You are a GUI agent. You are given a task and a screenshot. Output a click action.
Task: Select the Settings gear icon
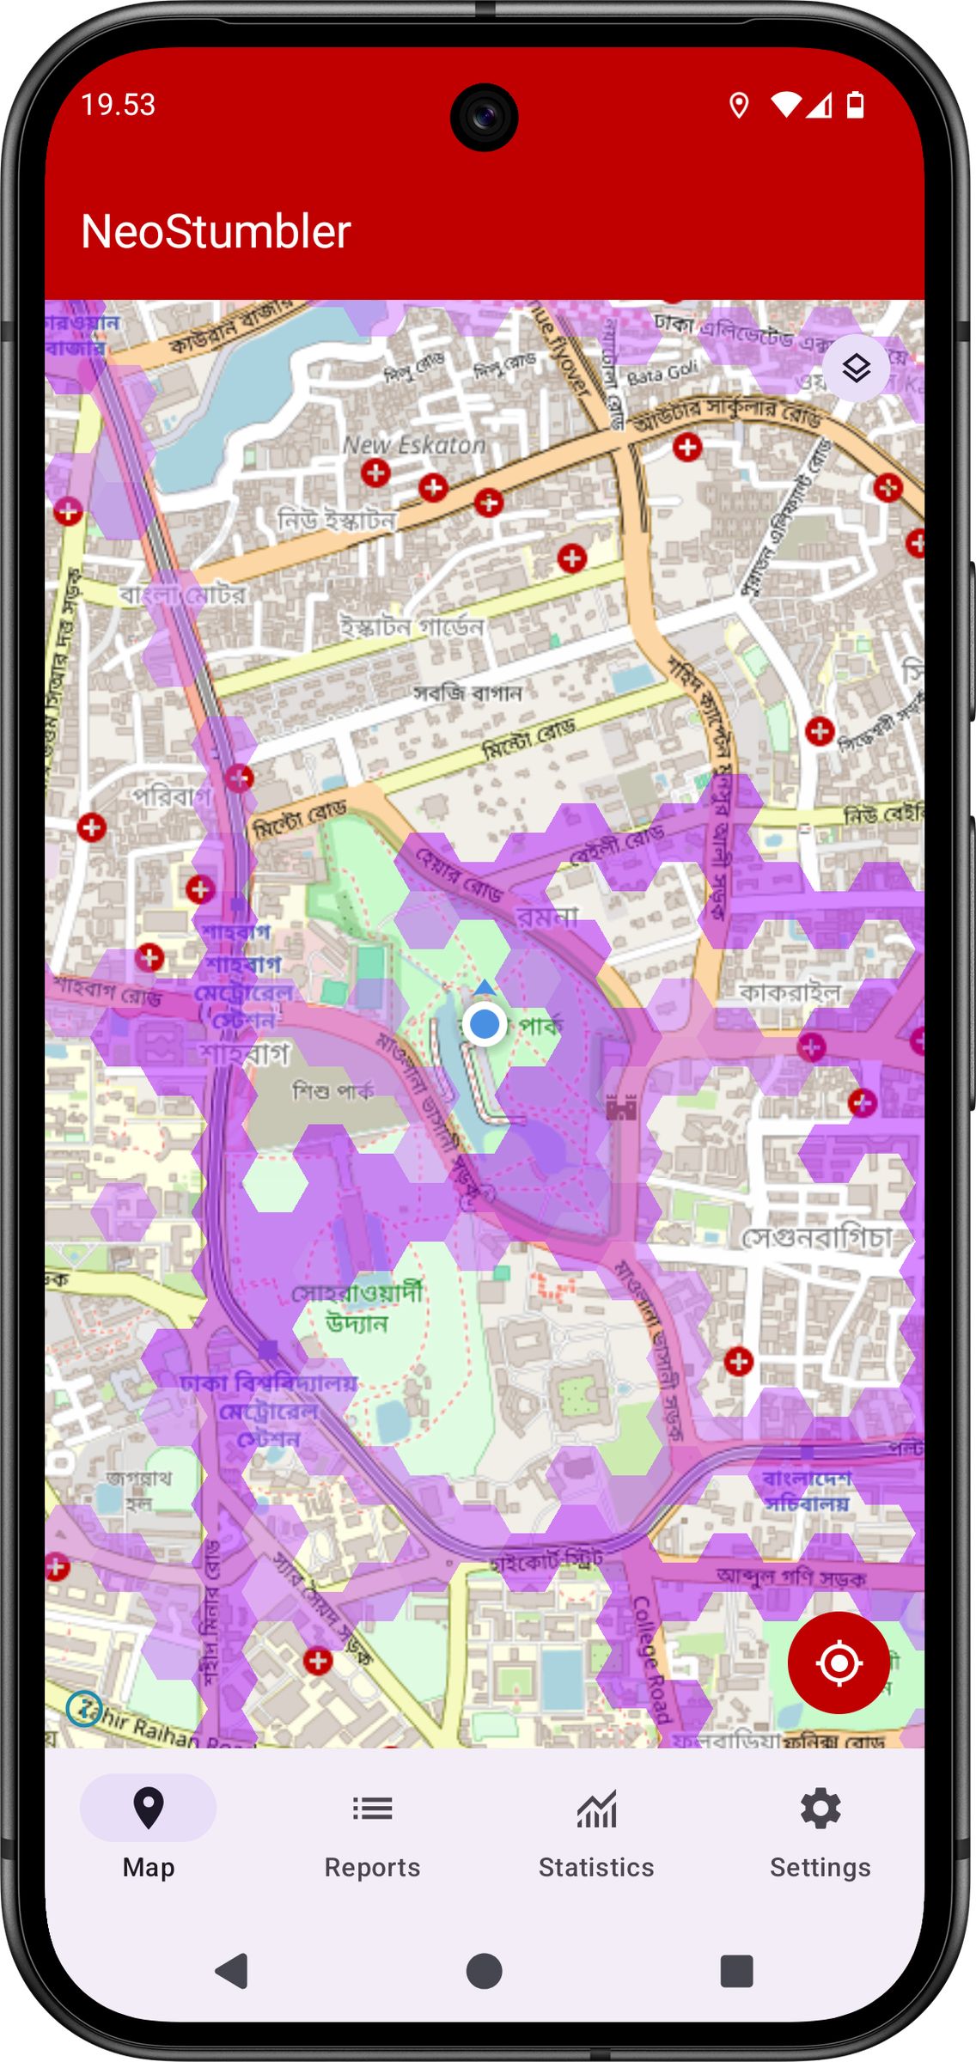pos(820,1809)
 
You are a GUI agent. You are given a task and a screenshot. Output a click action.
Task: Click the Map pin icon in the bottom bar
pos(149,1808)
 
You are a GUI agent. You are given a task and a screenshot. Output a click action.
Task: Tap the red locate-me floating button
pos(839,1662)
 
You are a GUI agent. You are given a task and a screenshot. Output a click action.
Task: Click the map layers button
pos(856,368)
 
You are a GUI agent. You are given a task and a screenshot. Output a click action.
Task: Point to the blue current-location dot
pos(485,1024)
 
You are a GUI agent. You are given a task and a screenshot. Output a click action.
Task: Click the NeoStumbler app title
pos(216,231)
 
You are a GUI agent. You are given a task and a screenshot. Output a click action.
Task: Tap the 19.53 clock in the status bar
pos(118,105)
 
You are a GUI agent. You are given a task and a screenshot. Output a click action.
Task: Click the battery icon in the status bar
pos(855,105)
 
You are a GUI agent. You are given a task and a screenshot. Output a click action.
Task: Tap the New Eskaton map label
pos(414,445)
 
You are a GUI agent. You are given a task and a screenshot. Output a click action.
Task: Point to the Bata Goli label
pos(662,374)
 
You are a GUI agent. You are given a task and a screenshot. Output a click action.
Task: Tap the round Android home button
pos(484,1971)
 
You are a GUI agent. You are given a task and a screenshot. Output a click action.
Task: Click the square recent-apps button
pos(736,1971)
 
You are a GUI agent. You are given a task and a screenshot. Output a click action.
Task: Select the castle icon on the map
pos(621,1108)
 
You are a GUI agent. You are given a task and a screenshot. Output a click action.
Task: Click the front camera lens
pos(484,117)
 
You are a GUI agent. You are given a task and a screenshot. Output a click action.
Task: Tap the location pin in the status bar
pos(738,105)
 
